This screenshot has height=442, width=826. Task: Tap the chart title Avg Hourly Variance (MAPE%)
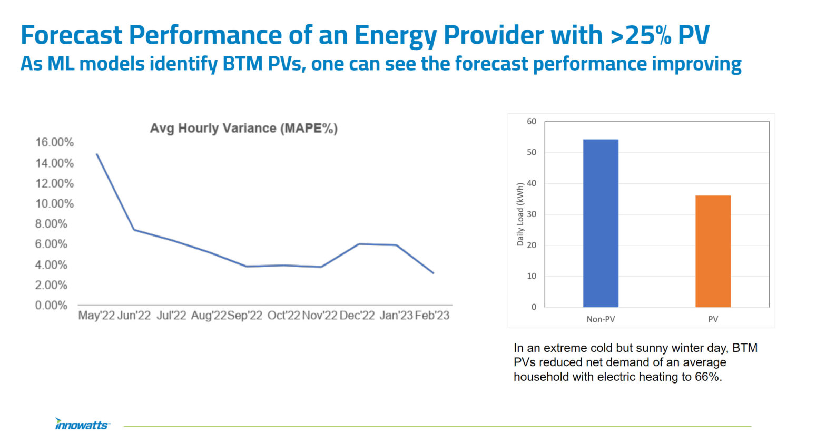[x=243, y=128]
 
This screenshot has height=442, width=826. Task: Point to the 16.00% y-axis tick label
[x=54, y=142]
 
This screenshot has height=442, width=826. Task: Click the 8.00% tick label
[x=51, y=224]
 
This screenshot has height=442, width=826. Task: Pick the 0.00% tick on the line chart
[x=51, y=306]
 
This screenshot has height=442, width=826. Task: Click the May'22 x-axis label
[x=96, y=316]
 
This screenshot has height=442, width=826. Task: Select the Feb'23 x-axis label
[x=432, y=316]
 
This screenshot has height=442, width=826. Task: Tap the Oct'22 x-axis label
[x=283, y=316]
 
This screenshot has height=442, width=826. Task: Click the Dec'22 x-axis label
[x=357, y=316]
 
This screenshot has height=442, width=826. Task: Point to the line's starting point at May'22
[x=97, y=154]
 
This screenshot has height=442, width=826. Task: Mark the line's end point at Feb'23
[x=433, y=273]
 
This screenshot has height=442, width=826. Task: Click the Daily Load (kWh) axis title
[x=520, y=214]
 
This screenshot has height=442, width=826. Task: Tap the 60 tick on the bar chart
[x=532, y=122]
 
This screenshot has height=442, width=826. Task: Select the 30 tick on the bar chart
[x=532, y=214]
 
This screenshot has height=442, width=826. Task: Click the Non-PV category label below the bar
[x=601, y=319]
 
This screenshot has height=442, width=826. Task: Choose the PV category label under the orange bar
[x=713, y=319]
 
